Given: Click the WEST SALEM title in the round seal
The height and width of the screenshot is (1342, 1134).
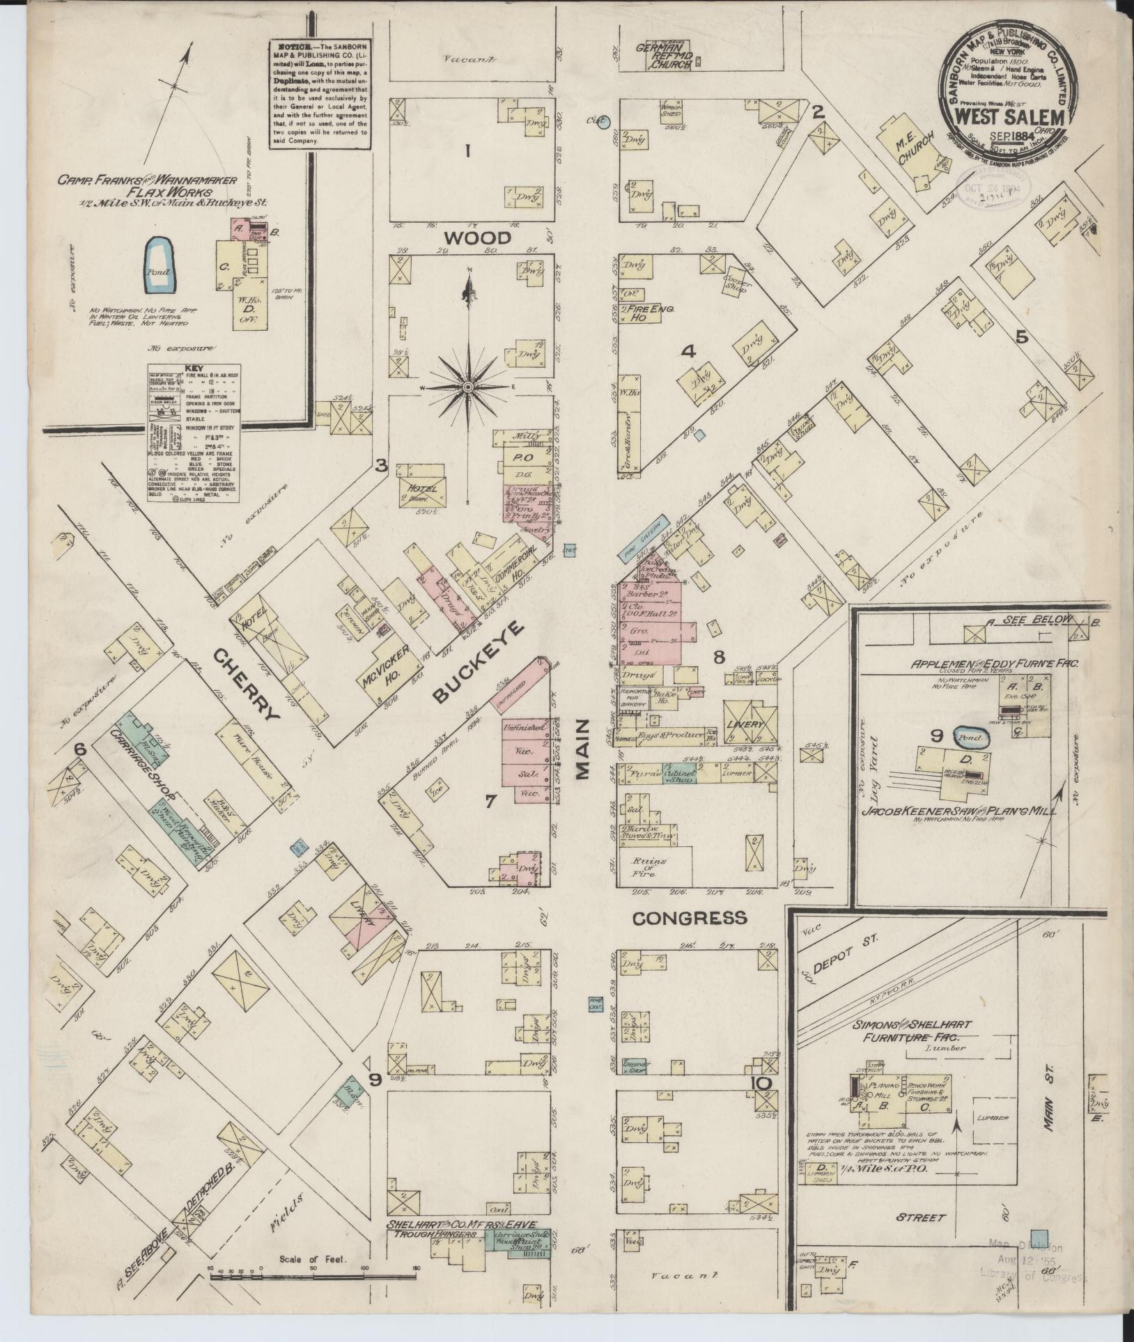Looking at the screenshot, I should click(x=1005, y=117).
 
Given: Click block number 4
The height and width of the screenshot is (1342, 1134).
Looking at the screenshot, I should click(x=688, y=352).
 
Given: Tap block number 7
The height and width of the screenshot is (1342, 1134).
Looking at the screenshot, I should click(x=490, y=802).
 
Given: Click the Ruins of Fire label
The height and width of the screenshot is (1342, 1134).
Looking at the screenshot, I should click(x=648, y=866).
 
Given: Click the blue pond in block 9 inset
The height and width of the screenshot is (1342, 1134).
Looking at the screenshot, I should click(x=970, y=737).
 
